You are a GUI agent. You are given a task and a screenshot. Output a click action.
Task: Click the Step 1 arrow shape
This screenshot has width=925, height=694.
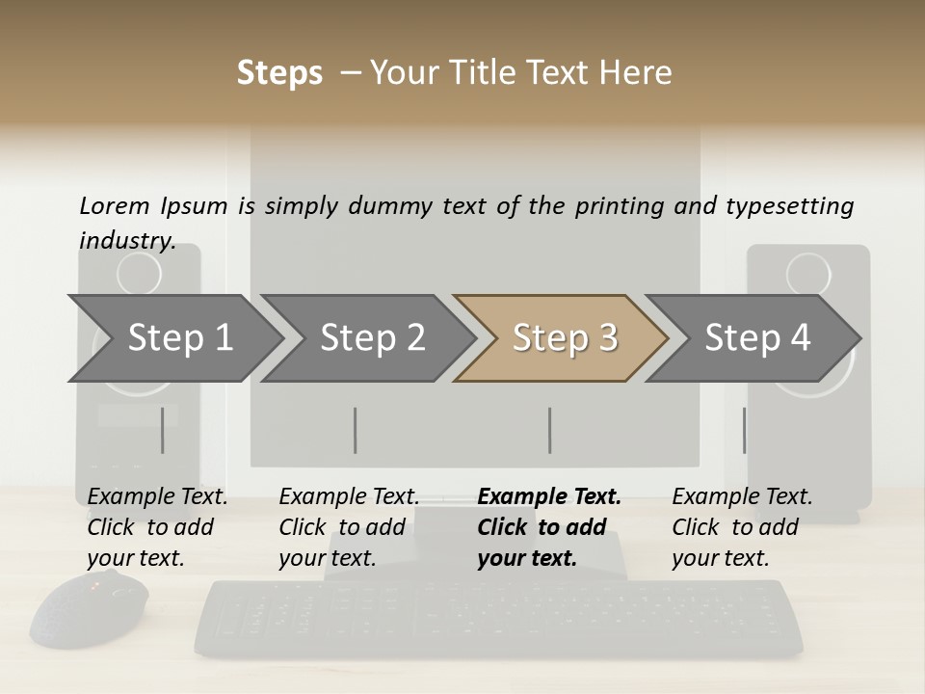tap(179, 338)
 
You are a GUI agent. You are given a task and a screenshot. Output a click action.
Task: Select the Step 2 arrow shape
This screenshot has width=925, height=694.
tap(372, 338)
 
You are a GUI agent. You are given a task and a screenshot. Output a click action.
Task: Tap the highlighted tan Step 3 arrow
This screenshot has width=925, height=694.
tap(565, 338)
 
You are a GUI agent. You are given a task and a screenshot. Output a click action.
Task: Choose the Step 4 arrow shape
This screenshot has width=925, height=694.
tap(757, 338)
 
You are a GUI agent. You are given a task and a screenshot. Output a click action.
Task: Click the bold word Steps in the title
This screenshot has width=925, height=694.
tap(279, 73)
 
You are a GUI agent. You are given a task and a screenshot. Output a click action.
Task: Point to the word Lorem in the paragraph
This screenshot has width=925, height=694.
tap(114, 205)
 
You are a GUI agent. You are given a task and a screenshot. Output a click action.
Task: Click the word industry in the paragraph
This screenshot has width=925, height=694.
tap(126, 240)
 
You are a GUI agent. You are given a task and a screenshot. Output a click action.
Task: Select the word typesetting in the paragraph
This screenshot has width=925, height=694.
tap(789, 205)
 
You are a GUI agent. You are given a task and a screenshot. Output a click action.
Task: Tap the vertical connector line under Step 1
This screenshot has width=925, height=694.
tap(163, 430)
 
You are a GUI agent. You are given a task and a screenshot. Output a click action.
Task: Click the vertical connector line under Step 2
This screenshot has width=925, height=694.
tap(356, 430)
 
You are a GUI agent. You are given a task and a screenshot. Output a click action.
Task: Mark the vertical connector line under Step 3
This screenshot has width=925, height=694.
tap(549, 430)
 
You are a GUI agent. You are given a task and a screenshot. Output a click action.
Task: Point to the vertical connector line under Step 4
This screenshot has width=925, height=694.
tap(744, 430)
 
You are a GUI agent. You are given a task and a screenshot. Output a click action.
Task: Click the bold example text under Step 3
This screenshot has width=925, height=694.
tap(548, 527)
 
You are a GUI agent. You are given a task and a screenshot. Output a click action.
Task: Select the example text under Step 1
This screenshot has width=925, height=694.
tap(157, 527)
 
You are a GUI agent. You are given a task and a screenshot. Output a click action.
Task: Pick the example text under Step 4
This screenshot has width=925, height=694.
tap(741, 527)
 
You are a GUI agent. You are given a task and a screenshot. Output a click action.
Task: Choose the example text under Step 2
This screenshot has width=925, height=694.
tap(349, 527)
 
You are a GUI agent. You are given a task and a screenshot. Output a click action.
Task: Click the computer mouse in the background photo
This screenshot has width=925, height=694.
tap(89, 609)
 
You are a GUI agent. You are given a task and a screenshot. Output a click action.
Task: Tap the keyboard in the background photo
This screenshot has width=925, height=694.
tap(499, 618)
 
